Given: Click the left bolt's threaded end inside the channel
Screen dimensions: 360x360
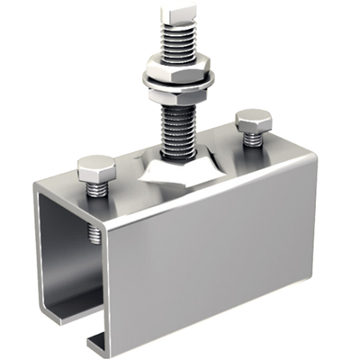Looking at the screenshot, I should pyautogui.click(x=94, y=236).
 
